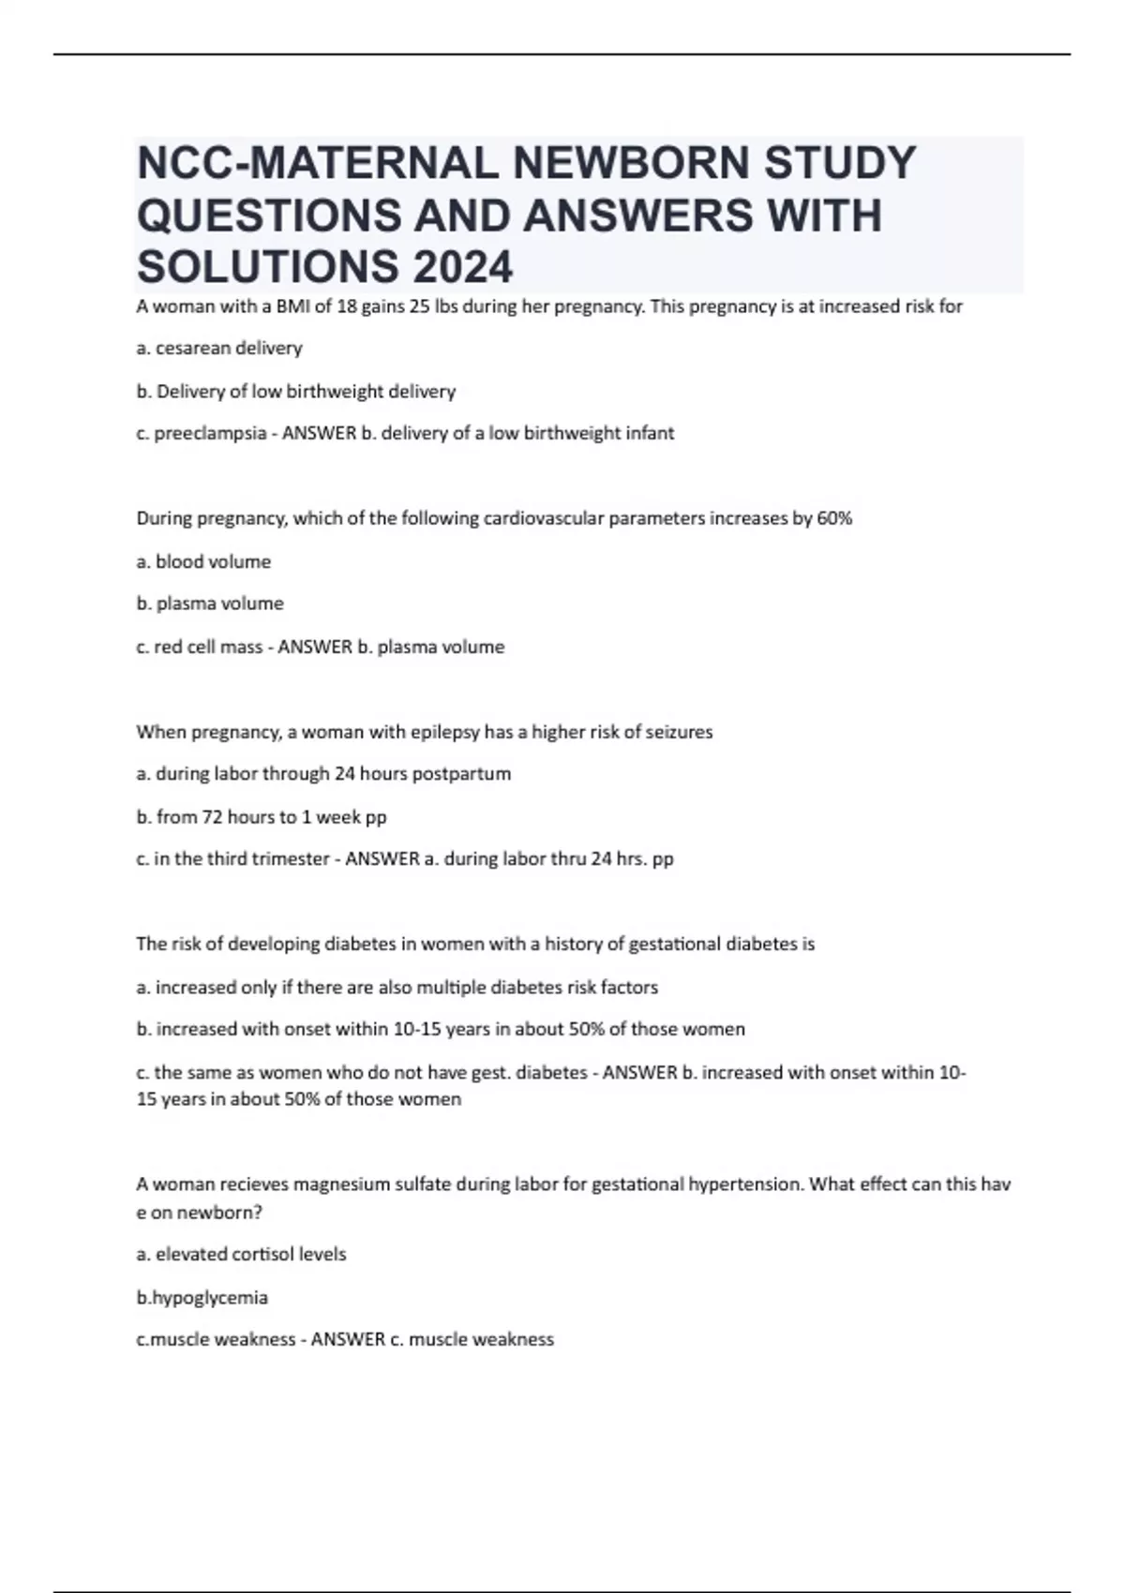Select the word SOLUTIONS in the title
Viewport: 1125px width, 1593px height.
pos(265,267)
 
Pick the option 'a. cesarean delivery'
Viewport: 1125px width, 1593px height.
pos(219,349)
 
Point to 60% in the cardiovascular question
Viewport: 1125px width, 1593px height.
pos(834,518)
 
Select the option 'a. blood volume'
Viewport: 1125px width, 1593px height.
pos(203,561)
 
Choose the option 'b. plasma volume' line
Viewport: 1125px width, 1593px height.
pos(210,603)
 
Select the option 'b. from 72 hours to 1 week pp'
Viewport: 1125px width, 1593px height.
pos(262,817)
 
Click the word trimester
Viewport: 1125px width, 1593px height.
pos(292,859)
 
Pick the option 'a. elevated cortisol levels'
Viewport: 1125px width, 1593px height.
pos(241,1254)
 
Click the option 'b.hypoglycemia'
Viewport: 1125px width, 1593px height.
pos(202,1298)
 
